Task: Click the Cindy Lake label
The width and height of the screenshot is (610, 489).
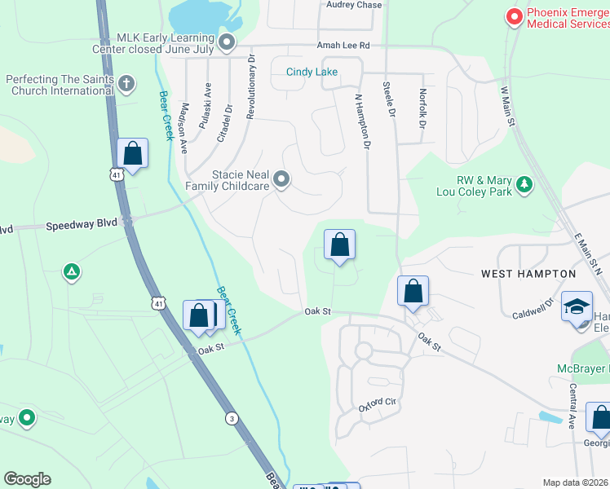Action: (312, 72)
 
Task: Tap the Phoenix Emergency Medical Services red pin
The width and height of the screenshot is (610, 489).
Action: (514, 16)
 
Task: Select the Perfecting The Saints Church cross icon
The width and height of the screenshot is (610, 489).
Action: (126, 82)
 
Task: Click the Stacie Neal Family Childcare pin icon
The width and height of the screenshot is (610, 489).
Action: (281, 178)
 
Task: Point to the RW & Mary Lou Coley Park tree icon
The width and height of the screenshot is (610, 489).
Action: (524, 184)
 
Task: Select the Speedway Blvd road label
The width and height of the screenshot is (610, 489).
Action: (82, 224)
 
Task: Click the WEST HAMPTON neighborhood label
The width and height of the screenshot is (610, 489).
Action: (528, 274)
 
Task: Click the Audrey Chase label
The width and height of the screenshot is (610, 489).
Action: (354, 5)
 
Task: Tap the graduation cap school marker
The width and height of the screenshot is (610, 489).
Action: (577, 307)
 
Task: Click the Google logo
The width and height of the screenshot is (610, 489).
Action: (27, 479)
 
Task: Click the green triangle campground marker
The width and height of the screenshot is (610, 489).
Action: (72, 272)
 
